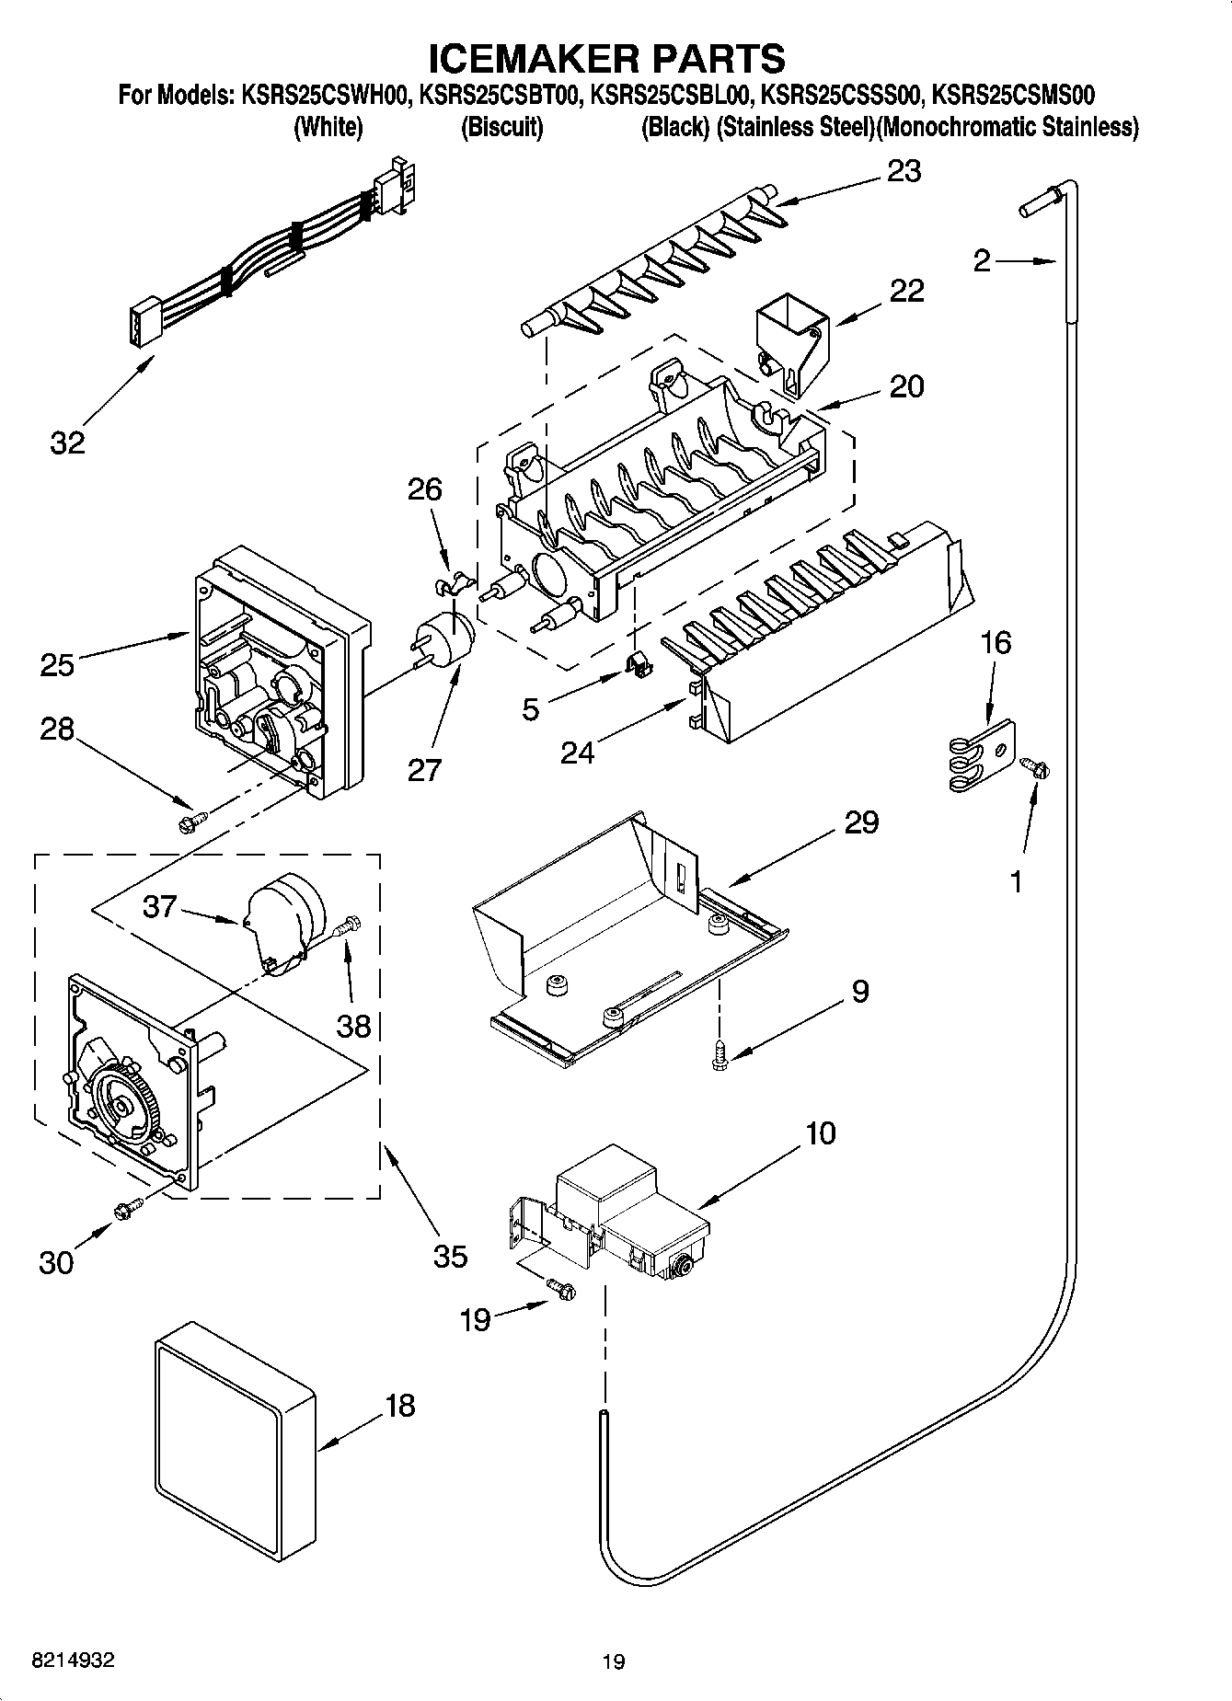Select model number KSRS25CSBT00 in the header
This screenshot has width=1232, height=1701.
tap(501, 95)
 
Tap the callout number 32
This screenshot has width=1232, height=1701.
tap(67, 442)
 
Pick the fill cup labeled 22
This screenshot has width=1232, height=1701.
tap(791, 342)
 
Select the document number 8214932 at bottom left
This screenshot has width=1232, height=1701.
tap(74, 1661)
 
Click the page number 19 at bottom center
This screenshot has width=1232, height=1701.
tap(614, 1661)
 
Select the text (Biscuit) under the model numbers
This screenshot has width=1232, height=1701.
tap(501, 127)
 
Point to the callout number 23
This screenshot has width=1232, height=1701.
tap(904, 171)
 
